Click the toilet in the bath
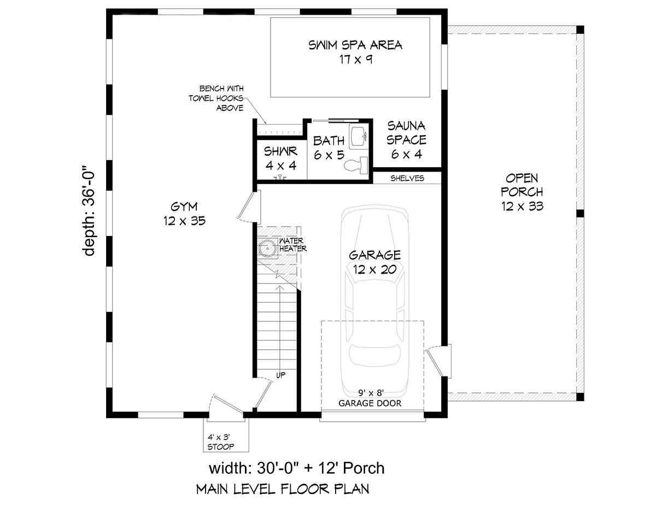click(x=356, y=165)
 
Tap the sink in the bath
click(x=358, y=136)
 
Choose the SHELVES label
click(x=407, y=178)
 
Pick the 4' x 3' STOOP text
click(x=221, y=442)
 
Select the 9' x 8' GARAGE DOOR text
click(x=370, y=398)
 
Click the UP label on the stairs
click(x=281, y=375)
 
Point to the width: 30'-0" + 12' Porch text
click(x=297, y=468)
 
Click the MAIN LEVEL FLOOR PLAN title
click(x=283, y=489)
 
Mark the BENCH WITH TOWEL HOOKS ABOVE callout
click(x=216, y=98)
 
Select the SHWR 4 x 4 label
click(x=281, y=158)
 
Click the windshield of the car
click(x=374, y=275)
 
